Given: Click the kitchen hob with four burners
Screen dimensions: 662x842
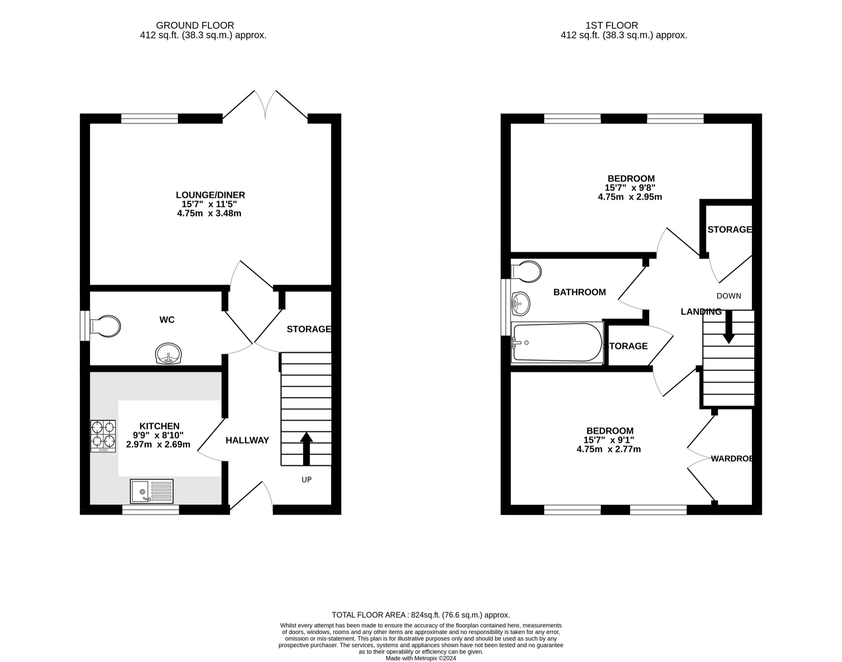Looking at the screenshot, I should [x=103, y=436].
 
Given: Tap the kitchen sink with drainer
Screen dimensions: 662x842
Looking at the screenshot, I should [x=152, y=491].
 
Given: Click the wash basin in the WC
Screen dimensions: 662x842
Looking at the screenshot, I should [x=168, y=354].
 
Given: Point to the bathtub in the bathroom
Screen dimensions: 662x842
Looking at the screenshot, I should [x=557, y=343].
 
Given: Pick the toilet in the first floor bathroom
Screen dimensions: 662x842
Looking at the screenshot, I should [x=526, y=271].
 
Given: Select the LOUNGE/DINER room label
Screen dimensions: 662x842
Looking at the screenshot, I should [x=210, y=195].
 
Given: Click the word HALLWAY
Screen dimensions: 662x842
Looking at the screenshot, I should [x=247, y=440].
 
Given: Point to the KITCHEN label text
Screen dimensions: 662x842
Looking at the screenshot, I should [x=160, y=426].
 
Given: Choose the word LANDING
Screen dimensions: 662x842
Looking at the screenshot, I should [x=701, y=312].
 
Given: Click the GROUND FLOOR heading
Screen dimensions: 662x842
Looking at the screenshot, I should [x=195, y=25].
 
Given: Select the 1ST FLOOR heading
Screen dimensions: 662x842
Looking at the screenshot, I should [x=612, y=25].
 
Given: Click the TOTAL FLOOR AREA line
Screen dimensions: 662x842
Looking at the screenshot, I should [x=421, y=615].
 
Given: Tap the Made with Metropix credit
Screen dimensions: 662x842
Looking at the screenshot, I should [x=421, y=658].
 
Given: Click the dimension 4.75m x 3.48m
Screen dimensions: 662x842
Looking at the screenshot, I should [x=209, y=213].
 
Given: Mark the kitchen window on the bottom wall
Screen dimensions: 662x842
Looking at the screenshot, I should [x=150, y=510].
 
